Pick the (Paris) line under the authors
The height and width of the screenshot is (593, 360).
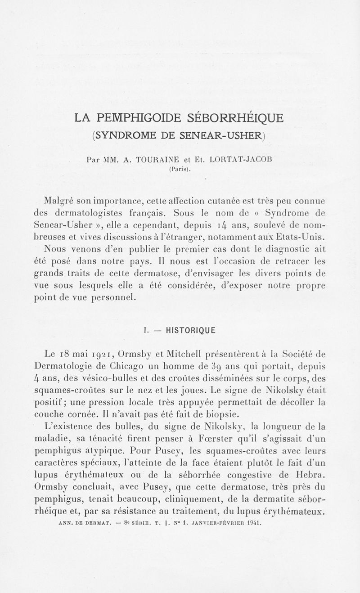(x=180, y=170)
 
